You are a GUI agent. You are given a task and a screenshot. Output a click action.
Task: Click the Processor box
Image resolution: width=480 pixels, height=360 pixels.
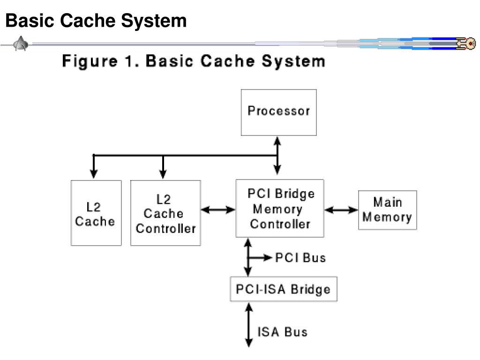(278, 112)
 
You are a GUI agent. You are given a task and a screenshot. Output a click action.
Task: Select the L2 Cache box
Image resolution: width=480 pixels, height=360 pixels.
(96, 213)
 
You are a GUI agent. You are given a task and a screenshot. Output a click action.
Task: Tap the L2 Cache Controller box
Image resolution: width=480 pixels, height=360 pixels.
(165, 213)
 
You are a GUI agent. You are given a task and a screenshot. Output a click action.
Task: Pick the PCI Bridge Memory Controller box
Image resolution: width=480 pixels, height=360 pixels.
(280, 208)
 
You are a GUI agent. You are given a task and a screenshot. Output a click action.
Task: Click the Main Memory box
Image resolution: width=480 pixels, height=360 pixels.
(388, 210)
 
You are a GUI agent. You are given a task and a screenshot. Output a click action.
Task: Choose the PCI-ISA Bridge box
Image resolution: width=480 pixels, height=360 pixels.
(284, 289)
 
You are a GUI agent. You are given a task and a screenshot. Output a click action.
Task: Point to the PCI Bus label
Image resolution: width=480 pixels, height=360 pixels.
(300, 258)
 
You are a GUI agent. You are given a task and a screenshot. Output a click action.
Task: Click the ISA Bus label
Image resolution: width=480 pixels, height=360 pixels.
(282, 332)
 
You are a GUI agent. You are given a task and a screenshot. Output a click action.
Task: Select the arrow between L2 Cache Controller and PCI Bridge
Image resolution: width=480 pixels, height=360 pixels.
(218, 210)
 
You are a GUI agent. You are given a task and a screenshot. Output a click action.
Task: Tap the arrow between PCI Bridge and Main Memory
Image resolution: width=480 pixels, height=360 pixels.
(341, 210)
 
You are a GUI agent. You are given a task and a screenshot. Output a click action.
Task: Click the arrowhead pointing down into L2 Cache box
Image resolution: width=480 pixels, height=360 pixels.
(94, 174)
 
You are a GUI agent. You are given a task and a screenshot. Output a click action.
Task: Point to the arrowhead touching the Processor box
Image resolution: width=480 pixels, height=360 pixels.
(277, 141)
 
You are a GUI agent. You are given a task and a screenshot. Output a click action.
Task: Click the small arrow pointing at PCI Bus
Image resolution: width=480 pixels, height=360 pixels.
(260, 258)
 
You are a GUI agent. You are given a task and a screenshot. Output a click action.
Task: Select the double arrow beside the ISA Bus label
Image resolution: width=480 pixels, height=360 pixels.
(249, 325)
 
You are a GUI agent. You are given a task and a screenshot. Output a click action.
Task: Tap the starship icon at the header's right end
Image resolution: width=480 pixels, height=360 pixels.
(466, 44)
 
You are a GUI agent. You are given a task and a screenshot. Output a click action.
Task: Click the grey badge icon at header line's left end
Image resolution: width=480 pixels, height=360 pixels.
(21, 44)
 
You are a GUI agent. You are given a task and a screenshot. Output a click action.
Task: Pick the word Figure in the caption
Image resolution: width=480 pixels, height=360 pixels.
(90, 61)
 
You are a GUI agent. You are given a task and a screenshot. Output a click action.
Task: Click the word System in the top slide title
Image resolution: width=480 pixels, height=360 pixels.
(154, 21)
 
